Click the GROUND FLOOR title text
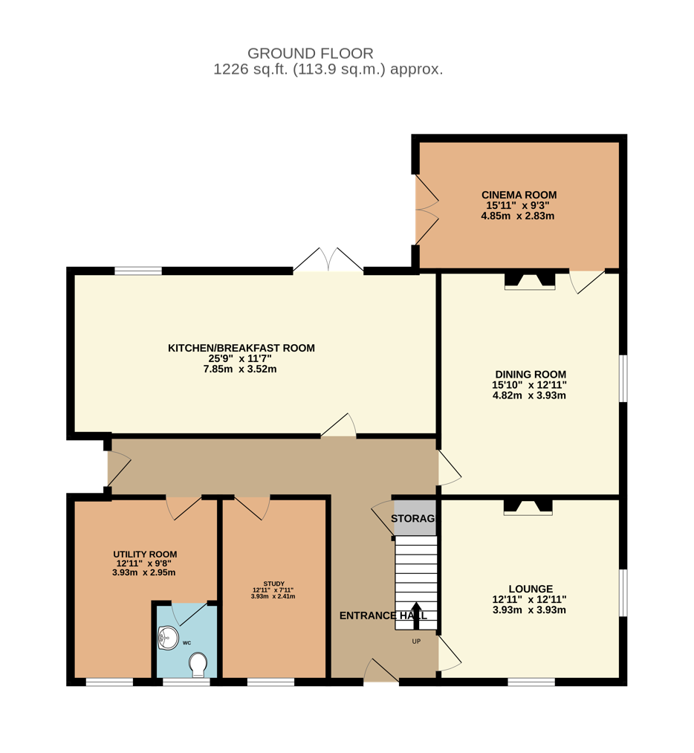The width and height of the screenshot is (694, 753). pos(310,54)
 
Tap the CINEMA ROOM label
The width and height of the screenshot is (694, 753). pos(519,195)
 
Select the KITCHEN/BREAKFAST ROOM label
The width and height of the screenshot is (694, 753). pos(241,348)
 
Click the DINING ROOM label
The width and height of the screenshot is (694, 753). pos(531,375)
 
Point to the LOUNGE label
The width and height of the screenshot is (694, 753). pos(531,589)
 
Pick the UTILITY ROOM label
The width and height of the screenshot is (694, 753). pos(145,555)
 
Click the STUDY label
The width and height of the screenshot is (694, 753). pos(273,584)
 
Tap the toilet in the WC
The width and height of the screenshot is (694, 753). pos(198,664)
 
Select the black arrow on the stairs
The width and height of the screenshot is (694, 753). pos(416,615)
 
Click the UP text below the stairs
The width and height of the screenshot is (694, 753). pos(416,641)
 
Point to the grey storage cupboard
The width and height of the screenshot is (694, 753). pos(415,517)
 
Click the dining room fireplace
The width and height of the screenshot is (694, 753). pos(530,282)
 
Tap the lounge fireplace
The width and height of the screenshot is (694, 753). pos(528,508)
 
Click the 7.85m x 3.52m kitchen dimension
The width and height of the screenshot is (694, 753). pos(240,369)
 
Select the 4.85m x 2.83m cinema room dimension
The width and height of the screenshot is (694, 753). pos(518,216)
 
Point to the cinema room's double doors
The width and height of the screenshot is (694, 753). pos(427,210)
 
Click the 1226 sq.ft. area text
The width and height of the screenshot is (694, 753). pos(251,69)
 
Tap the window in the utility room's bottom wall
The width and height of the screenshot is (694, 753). pos(109,682)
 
